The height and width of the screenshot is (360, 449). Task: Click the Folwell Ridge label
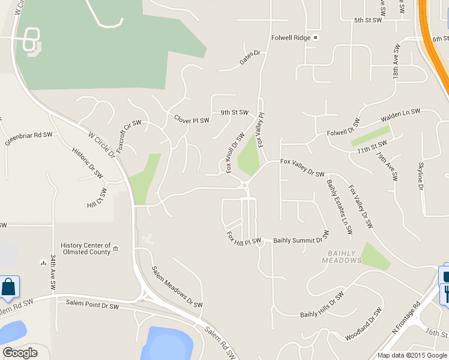pyautogui.click(x=290, y=38)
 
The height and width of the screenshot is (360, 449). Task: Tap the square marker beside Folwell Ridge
pyautogui.click(x=315, y=38)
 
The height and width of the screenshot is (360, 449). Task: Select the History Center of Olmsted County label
pyautogui.click(x=86, y=249)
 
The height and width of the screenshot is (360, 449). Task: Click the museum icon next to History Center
pyautogui.click(x=116, y=248)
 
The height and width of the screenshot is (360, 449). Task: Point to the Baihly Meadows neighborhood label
pyautogui.click(x=342, y=257)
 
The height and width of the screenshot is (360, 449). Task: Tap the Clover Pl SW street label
pyautogui.click(x=191, y=120)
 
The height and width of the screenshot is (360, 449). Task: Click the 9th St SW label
pyautogui.click(x=234, y=112)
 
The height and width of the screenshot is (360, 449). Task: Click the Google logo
pyautogui.click(x=19, y=353)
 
